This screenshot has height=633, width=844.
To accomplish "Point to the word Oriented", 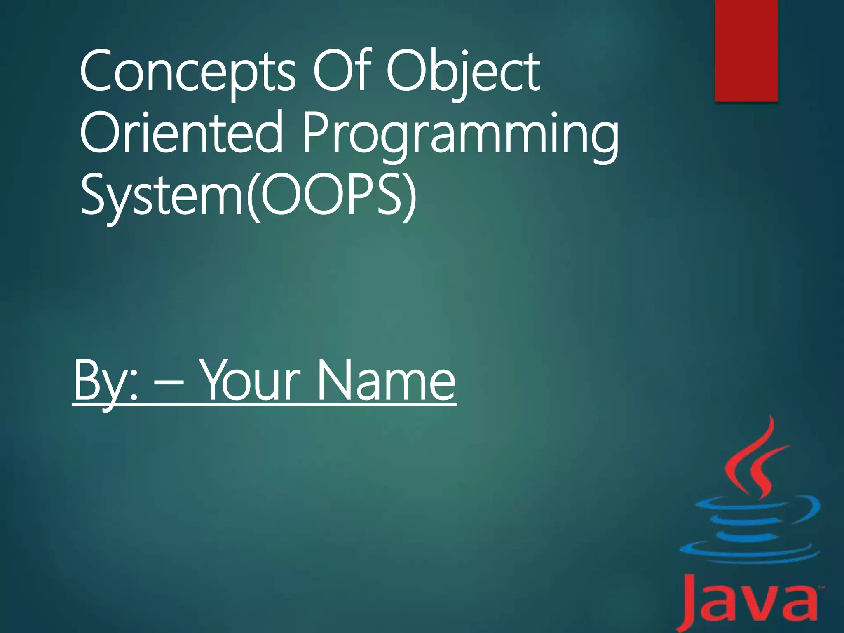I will [x=181, y=133].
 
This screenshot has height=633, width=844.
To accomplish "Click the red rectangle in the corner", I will [x=746, y=49].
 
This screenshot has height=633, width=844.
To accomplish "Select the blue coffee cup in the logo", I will [x=748, y=530].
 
